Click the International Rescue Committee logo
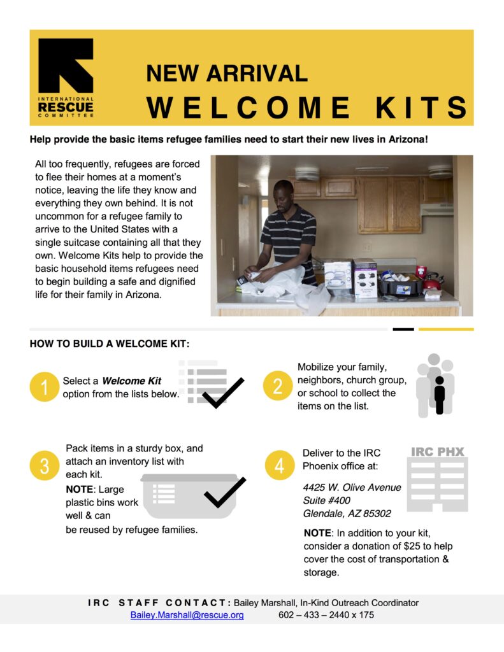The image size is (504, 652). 66,78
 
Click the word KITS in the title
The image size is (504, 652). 422,108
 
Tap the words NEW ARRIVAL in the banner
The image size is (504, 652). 226,73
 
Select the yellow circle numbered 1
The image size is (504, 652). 45,387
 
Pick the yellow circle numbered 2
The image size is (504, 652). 278,387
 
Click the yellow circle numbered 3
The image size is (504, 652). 45,466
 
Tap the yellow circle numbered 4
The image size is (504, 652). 279,466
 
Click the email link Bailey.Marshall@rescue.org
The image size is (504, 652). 187,615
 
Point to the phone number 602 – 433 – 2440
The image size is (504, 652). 308,615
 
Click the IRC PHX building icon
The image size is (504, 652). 438,481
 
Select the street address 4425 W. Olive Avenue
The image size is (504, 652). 352,487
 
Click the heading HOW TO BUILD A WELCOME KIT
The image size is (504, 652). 109,344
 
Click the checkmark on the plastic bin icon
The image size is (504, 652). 224,492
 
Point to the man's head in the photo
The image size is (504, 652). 283,192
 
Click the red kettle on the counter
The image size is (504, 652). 432,281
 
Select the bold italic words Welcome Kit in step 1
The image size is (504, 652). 132,381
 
